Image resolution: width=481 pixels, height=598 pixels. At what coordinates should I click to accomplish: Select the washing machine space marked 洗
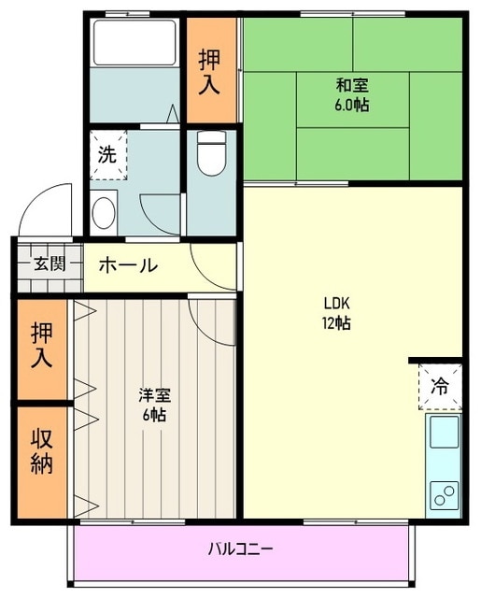point(108,155)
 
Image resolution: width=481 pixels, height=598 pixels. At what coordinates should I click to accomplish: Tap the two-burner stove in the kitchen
point(443,492)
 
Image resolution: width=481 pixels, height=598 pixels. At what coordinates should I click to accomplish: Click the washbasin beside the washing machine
point(103,211)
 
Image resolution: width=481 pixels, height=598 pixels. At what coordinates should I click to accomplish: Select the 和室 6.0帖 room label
point(352,94)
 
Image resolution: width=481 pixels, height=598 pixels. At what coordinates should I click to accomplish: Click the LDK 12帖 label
point(337,313)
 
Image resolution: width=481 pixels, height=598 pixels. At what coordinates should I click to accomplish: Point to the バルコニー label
point(240,548)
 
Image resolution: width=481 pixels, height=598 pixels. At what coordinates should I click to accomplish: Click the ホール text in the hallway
point(127,264)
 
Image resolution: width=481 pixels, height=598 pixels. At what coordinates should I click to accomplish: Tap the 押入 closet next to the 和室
point(210,72)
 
